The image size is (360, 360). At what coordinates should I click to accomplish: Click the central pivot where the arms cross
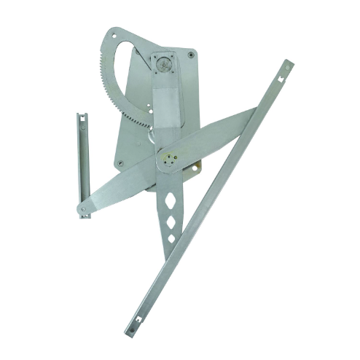tap(171, 160)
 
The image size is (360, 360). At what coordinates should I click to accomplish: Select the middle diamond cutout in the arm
tap(171, 220)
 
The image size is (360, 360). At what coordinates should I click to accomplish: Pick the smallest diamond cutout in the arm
tap(171, 238)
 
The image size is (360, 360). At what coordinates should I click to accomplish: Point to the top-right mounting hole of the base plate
tap(191, 54)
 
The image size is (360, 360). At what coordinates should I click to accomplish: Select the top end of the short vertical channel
tap(82, 115)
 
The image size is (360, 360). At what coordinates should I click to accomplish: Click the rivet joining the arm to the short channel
tap(85, 209)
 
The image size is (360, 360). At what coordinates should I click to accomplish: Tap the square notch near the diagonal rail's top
tap(281, 76)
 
